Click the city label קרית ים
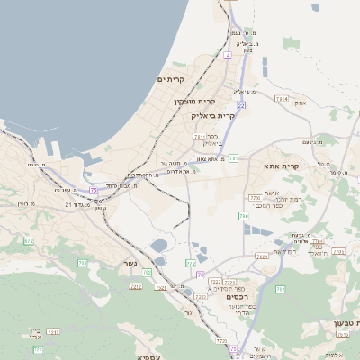tap(170, 79)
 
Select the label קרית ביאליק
tap(212, 115)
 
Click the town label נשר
tap(129, 265)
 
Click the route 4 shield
tap(229, 56)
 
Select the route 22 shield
tap(241, 105)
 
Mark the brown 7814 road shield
tap(282, 97)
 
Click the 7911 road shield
tap(199, 136)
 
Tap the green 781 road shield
tap(233, 157)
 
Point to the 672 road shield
tap(28, 241)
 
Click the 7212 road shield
tap(136, 285)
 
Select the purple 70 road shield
tap(200, 274)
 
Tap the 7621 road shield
tap(261, 256)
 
